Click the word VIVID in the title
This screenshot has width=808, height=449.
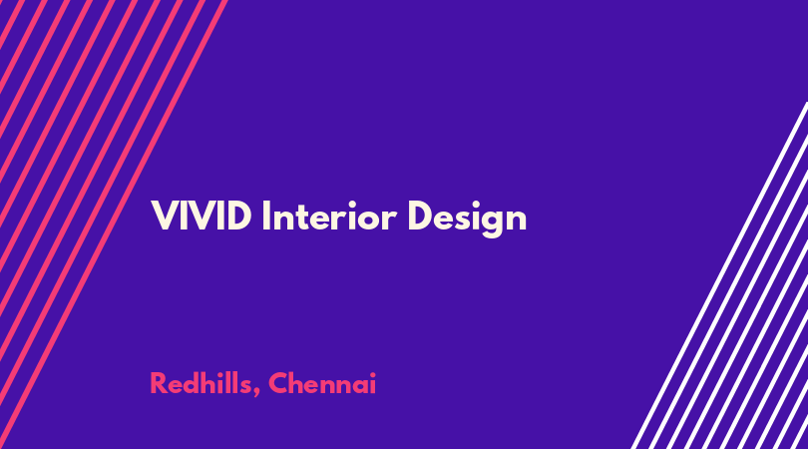coord(202,216)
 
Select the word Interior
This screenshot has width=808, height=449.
coord(329,216)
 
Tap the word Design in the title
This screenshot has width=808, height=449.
coord(467,219)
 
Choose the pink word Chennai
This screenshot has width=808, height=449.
coord(322,383)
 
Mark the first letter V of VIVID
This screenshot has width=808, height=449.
coord(165,216)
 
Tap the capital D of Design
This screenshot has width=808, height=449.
coord(421,216)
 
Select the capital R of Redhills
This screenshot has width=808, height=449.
coord(159,383)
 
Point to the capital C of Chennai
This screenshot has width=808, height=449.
coord(278,383)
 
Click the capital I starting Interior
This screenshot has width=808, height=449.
coord(266,216)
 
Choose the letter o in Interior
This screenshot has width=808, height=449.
coord(371,220)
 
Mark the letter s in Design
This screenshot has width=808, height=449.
coord(461,220)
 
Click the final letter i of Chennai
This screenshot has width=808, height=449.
coord(373,383)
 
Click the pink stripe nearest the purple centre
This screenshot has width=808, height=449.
coord(113,224)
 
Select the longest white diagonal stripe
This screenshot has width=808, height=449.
coord(719,275)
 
